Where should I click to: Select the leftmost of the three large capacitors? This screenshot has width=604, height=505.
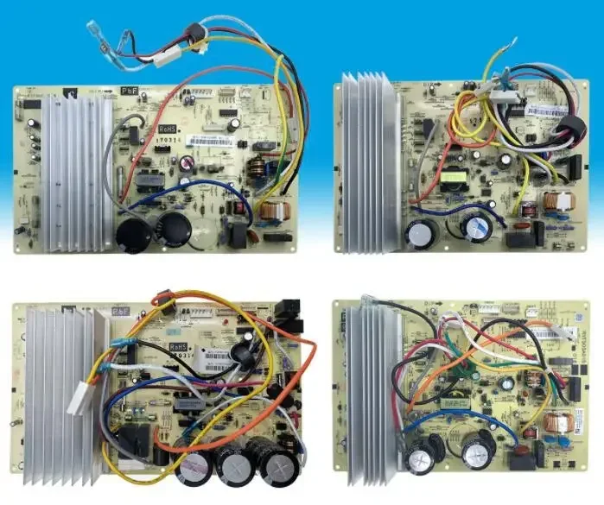(194, 466)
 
